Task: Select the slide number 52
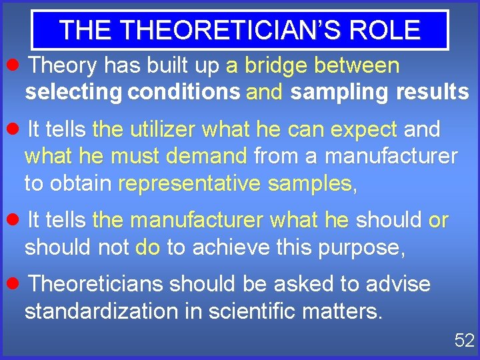tap(464, 341)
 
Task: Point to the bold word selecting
tap(73, 92)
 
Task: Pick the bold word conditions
tap(183, 92)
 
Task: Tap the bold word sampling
tap(339, 92)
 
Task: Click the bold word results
tap(432, 92)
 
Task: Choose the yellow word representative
tap(189, 183)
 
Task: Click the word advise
tap(397, 284)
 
